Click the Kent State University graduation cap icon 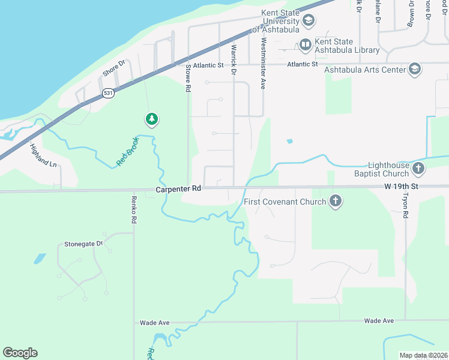pos(308,22)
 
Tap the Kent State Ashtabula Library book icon pos(306,44)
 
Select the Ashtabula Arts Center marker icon pos(414,70)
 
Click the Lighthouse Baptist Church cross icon pos(418,169)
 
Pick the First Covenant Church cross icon pos(336,202)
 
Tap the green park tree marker pos(152,119)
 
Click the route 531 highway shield pos(108,93)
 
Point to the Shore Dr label pos(113,68)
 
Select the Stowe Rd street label pos(188,78)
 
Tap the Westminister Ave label pos(263,63)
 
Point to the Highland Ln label pos(44,155)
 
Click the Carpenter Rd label pos(178,188)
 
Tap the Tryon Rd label pos(405,206)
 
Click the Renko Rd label pos(134,209)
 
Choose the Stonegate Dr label pos(83,244)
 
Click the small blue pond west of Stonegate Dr pos(40,259)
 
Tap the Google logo pos(20,353)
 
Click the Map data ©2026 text pos(423,355)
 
